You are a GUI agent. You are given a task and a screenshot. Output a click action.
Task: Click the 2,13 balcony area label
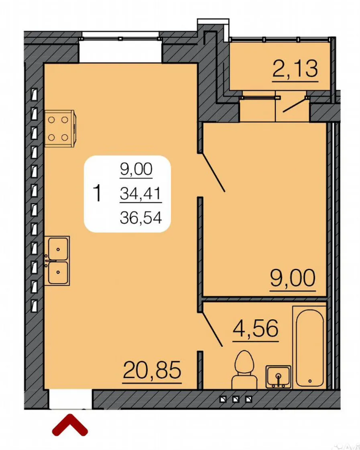point(295,69)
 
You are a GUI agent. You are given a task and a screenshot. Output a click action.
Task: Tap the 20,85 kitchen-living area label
point(152,370)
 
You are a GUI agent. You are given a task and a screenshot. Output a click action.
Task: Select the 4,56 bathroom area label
point(255,328)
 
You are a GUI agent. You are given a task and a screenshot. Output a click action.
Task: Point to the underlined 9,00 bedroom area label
point(293,278)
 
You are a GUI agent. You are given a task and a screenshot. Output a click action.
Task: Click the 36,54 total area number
point(141,217)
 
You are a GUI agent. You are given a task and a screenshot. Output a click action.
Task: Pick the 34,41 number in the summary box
point(140,194)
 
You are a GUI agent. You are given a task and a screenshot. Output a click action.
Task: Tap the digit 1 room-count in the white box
point(98,193)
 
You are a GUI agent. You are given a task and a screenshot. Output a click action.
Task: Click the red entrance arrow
point(70,425)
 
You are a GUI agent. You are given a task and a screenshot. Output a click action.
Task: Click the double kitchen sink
point(57,261)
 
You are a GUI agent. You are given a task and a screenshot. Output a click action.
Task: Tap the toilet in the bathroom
point(244,370)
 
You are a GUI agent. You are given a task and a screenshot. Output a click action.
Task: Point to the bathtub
point(310,347)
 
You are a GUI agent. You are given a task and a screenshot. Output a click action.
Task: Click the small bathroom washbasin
point(279,377)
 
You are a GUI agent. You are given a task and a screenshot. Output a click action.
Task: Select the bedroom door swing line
point(213,173)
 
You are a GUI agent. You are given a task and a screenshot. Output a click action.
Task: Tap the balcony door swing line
point(295,105)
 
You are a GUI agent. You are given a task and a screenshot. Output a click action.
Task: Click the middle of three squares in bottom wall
point(236,399)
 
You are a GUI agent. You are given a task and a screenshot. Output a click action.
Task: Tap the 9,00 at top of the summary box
point(136,169)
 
